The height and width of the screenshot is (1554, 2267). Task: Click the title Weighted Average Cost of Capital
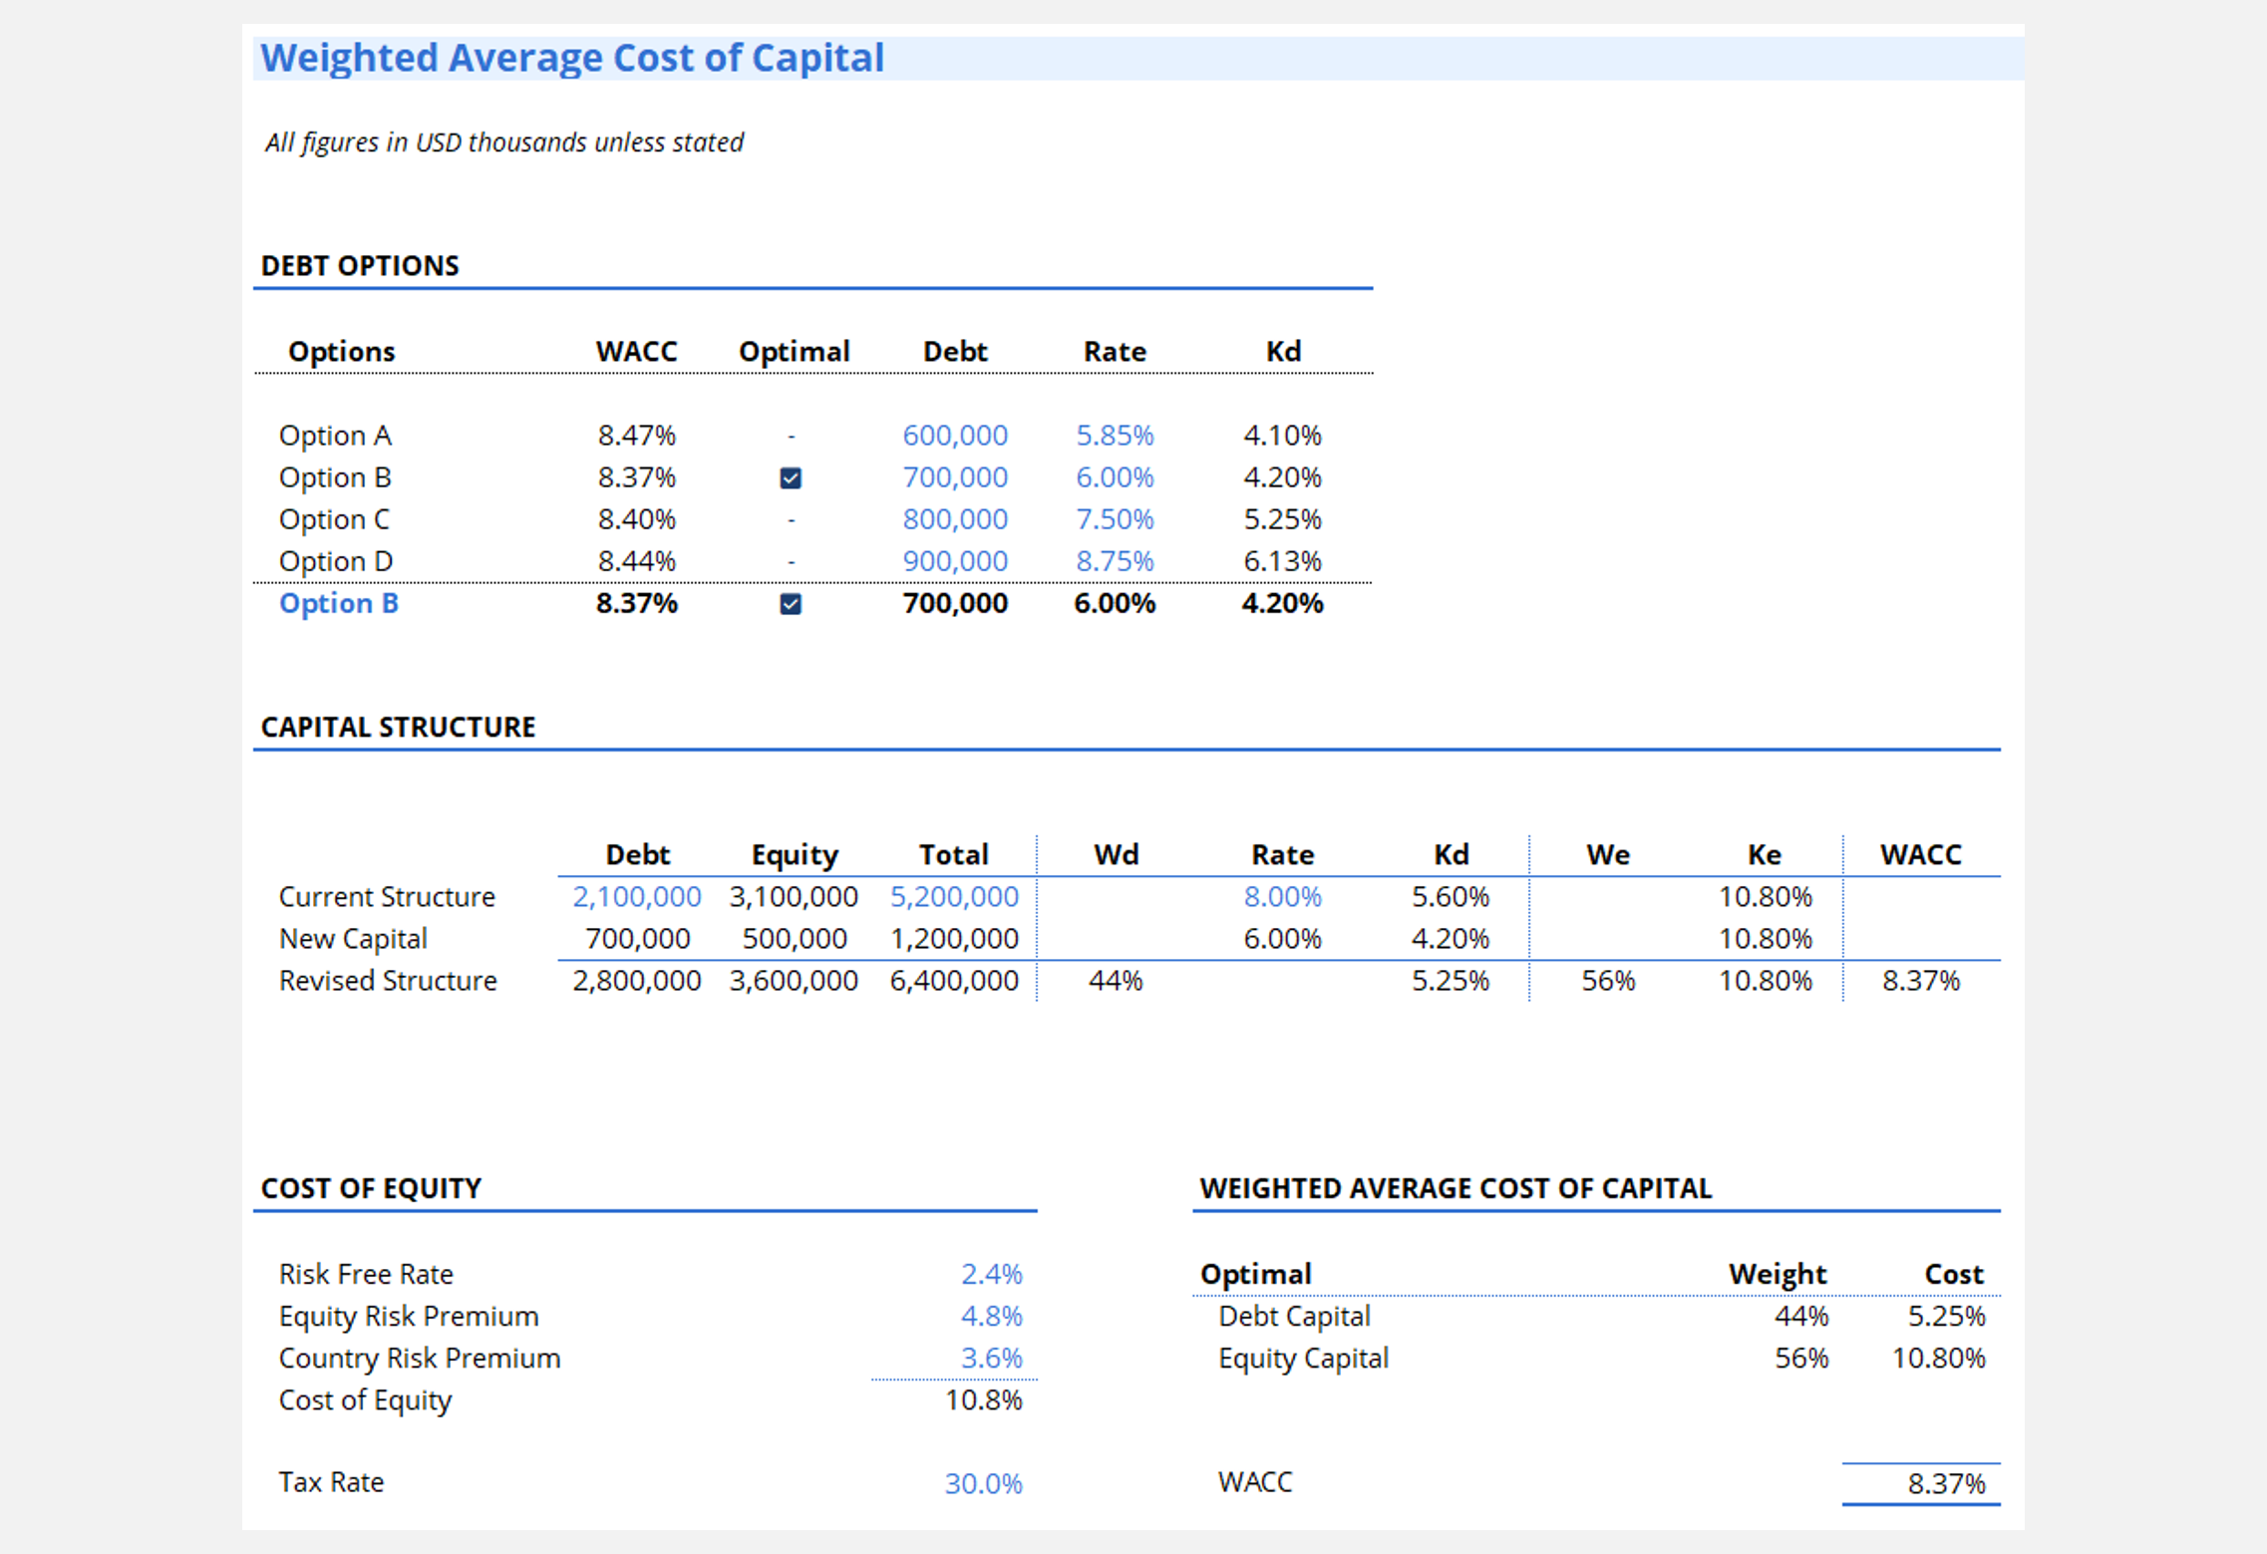coord(572,58)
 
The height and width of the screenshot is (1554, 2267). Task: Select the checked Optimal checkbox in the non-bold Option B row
coord(791,478)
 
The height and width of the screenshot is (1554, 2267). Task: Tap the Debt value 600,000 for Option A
coord(954,436)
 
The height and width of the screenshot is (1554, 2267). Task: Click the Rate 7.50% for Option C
coord(1114,519)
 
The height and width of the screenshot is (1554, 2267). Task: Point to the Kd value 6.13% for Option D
coord(1281,561)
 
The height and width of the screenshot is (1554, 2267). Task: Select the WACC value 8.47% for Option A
coord(636,436)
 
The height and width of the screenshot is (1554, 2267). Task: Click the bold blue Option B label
coord(338,603)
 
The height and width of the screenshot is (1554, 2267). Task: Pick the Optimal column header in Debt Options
coord(794,351)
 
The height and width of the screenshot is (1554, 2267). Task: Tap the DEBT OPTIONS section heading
coord(360,266)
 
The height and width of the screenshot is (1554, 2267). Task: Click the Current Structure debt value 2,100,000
coord(636,897)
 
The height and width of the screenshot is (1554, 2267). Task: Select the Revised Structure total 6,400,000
coord(953,981)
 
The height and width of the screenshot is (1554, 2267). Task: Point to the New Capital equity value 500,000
coord(794,939)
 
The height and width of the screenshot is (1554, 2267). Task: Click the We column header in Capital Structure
coord(1607,854)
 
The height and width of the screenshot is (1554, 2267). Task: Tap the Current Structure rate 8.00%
coord(1281,897)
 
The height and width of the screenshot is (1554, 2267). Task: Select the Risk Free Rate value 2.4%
coord(991,1274)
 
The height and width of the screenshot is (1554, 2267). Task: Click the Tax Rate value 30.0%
coord(983,1483)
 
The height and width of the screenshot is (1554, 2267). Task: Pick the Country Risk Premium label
coord(420,1359)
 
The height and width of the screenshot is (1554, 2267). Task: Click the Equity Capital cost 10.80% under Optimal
coord(1938,1359)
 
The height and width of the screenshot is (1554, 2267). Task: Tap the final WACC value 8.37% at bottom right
coord(1945,1483)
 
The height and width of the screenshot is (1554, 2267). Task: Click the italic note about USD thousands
coord(504,143)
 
